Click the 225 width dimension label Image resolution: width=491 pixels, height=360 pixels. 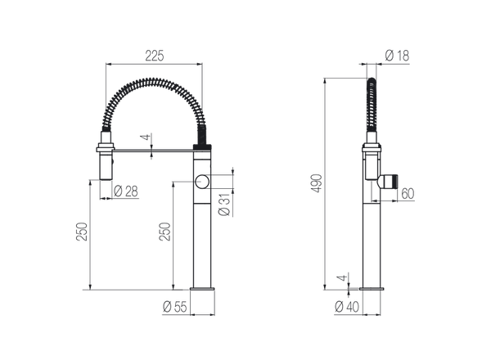click(155, 56)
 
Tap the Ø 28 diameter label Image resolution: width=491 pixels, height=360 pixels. click(126, 191)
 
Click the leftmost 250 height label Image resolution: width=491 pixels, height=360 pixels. click(79, 232)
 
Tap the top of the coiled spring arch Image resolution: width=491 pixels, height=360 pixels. click(155, 82)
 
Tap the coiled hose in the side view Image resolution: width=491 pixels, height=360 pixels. click(371, 110)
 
